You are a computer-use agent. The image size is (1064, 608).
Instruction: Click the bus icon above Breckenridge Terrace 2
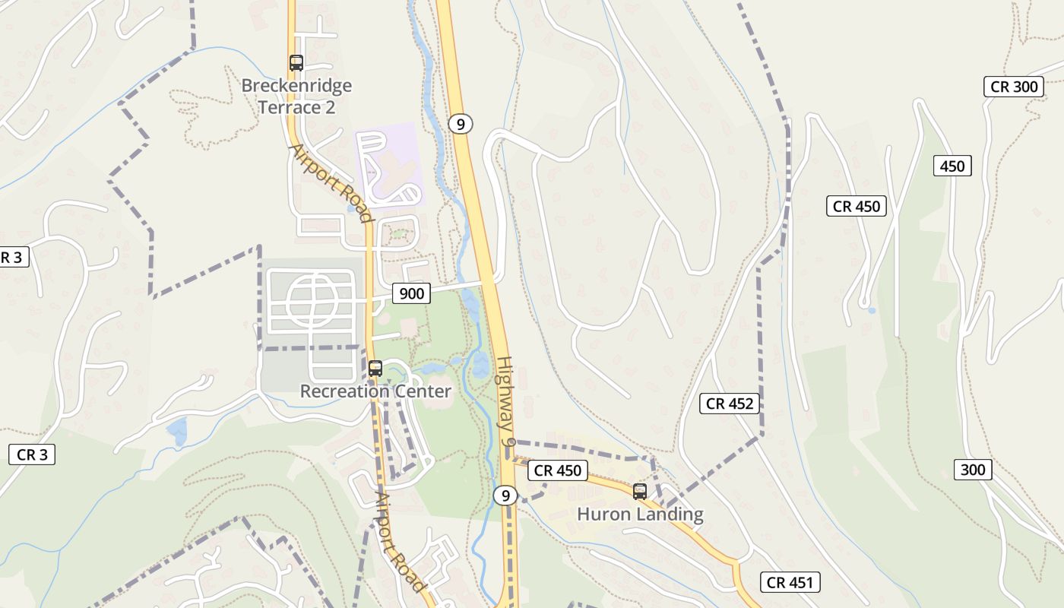point(296,63)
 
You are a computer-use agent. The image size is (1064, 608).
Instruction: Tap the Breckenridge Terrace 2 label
point(296,97)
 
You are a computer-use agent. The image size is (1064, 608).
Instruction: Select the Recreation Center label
point(375,391)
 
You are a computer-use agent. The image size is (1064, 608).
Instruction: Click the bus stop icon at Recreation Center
point(375,369)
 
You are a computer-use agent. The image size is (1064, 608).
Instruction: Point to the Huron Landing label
point(640,515)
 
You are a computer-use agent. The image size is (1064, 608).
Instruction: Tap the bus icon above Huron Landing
point(640,492)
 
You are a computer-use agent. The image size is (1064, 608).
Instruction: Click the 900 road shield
point(411,293)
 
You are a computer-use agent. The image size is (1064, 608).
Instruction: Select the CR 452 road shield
point(730,404)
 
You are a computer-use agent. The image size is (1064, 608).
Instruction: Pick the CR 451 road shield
point(790,583)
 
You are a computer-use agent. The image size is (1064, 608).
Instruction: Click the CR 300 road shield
point(1015,87)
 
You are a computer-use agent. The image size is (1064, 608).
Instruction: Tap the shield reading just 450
point(952,166)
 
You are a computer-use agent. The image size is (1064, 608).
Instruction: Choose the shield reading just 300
point(973,470)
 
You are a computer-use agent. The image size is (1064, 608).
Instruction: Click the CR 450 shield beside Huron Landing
point(558,470)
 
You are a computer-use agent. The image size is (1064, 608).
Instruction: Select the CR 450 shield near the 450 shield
point(857,206)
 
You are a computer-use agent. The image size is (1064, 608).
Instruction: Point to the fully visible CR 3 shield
point(32,454)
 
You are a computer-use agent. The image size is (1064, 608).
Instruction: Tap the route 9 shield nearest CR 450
point(505,496)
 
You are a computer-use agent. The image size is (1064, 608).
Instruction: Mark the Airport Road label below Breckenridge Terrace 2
point(333,183)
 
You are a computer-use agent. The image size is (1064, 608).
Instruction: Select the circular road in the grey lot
point(312,301)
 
